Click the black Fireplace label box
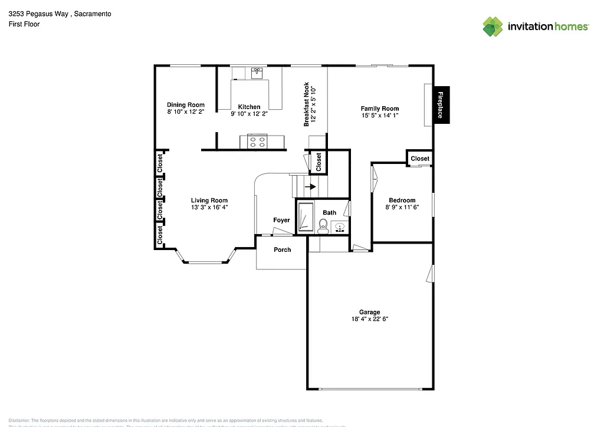(440, 105)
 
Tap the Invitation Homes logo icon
(493, 27)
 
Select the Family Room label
(380, 109)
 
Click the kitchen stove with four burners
(257, 142)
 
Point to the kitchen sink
(257, 73)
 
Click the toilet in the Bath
(323, 225)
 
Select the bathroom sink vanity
(339, 226)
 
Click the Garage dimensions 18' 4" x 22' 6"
(369, 319)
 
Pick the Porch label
(283, 249)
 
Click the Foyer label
(281, 220)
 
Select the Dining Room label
(186, 105)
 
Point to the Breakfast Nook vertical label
(307, 104)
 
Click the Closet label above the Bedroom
(420, 159)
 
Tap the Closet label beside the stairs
(319, 162)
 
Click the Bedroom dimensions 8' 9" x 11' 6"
(402, 207)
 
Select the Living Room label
(209, 201)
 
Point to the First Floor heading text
(24, 24)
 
